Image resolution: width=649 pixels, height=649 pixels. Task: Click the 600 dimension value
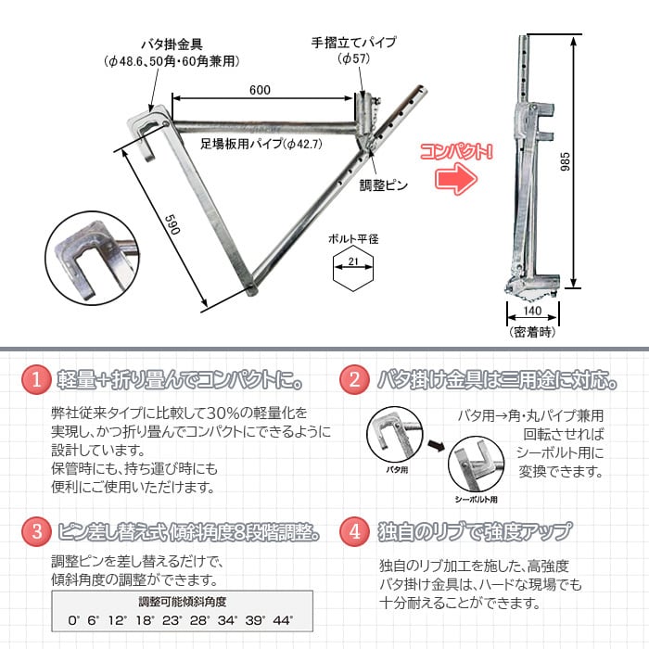[x=261, y=89]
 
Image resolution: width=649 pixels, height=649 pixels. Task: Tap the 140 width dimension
[x=532, y=312]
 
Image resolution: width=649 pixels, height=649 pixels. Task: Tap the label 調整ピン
[x=385, y=185]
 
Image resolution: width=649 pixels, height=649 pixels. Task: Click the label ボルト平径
[x=353, y=239]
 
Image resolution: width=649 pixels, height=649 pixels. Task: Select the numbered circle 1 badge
[x=35, y=379]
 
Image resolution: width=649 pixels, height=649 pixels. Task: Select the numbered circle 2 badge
[x=353, y=379]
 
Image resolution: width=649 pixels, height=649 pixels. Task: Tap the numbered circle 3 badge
[x=35, y=531]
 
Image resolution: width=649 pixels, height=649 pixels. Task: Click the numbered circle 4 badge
[x=353, y=531]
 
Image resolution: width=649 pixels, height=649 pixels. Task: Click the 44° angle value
[x=282, y=619]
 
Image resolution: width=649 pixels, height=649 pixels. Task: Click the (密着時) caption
[x=531, y=330]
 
